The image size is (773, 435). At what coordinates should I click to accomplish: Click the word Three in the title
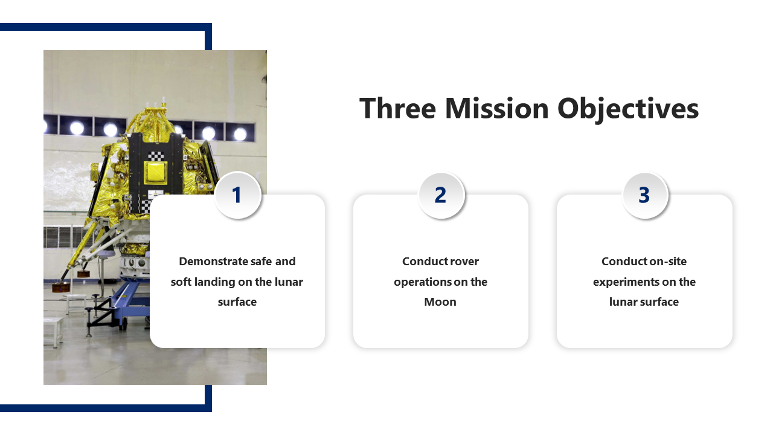[x=397, y=108]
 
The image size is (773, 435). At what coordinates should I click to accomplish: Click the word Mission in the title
[x=497, y=108]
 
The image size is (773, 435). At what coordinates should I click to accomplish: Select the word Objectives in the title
[x=628, y=109]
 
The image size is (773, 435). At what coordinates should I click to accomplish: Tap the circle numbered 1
[x=237, y=195]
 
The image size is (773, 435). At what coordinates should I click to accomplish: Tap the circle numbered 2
[x=441, y=195]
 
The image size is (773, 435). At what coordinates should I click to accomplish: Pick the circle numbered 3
[x=644, y=195]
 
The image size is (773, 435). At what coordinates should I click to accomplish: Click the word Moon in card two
[x=440, y=302]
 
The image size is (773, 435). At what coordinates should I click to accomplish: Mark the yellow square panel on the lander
[x=155, y=172]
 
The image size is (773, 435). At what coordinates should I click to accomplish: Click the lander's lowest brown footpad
[x=61, y=287]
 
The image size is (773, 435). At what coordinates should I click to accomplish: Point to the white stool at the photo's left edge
[x=53, y=332]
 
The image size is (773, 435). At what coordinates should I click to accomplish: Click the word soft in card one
[x=181, y=282]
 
